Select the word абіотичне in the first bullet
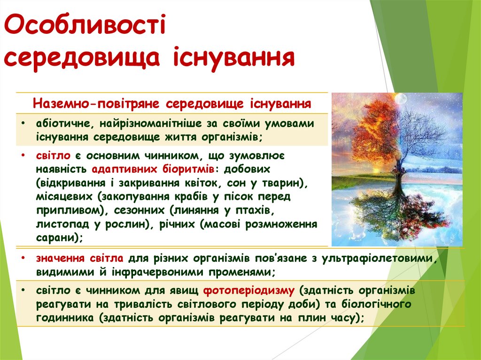pos(59,123)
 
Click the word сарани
pos(54,237)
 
